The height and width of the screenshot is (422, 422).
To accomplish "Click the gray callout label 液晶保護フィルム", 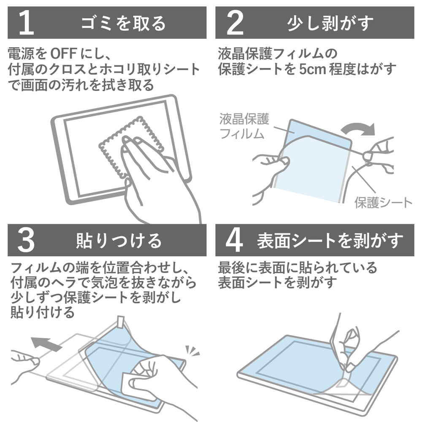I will pos(244,127).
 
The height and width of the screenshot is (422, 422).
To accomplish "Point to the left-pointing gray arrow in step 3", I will pos(46,343).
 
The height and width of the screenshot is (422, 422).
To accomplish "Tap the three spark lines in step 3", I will pos(192,350).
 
